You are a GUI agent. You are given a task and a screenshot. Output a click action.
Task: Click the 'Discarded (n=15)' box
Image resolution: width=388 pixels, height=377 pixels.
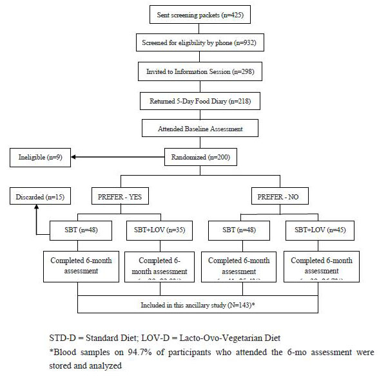click(x=37, y=194)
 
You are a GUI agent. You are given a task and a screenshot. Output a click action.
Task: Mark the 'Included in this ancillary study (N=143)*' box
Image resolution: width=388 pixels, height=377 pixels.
click(x=197, y=299)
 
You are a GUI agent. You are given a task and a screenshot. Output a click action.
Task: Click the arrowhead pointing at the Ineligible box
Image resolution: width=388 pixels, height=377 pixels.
click(x=74, y=156)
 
